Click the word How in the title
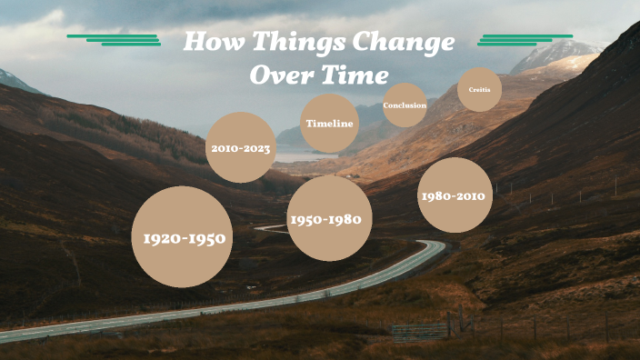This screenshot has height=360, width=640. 215,43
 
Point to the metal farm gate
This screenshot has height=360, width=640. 420,329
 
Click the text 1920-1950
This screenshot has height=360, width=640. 183,238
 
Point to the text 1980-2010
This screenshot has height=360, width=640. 453,195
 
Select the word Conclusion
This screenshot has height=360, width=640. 405,105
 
